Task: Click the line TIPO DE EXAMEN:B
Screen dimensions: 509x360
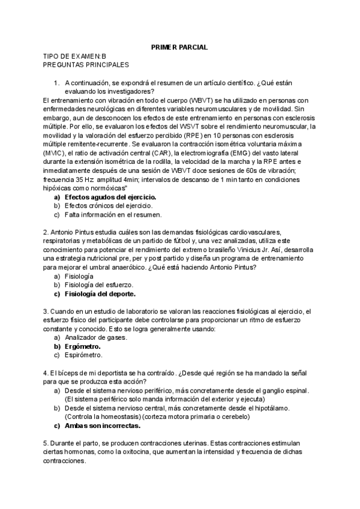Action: [x=76, y=56]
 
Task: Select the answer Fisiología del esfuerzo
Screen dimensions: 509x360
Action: [x=98, y=285]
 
